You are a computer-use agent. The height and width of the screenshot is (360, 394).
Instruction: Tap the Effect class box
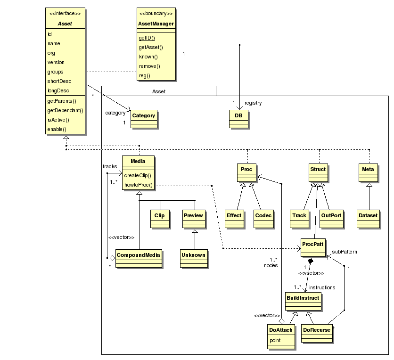[234, 217]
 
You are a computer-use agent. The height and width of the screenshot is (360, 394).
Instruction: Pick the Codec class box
[263, 217]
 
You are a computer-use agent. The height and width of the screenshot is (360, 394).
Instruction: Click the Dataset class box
[368, 217]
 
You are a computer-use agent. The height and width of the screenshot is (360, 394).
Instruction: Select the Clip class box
[159, 217]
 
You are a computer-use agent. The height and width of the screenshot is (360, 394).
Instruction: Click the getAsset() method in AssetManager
[150, 47]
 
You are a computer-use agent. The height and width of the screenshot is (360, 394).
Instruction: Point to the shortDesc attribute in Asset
[58, 81]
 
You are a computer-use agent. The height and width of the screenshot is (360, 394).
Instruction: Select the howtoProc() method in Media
[139, 185]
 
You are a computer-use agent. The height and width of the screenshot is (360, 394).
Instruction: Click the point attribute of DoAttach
[275, 340]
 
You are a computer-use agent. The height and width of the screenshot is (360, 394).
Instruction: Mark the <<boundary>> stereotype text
[156, 13]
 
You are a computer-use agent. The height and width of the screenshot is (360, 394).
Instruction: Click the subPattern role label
[345, 252]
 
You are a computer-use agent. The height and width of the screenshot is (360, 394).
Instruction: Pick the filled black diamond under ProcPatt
[311, 261]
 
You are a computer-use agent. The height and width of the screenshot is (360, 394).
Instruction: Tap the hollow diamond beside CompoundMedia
[112, 258]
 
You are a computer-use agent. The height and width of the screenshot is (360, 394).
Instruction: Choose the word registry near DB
[253, 103]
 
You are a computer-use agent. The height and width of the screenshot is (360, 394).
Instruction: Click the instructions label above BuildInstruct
[322, 287]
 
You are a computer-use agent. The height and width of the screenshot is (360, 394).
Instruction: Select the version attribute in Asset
[56, 62]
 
